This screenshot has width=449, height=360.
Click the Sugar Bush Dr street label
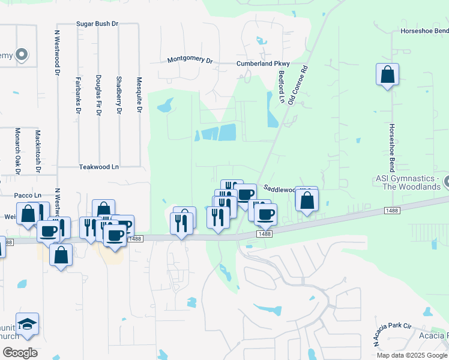[97, 24]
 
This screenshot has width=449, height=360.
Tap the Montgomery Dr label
[190, 61]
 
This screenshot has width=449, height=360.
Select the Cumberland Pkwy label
[263, 64]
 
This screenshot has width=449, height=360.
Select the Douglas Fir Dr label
[98, 95]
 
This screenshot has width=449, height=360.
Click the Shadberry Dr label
[119, 95]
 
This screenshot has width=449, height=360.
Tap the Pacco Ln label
[28, 195]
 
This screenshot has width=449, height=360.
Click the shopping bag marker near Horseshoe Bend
[388, 75]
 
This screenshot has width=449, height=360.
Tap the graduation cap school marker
[27, 325]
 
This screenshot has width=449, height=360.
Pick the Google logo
[20, 352]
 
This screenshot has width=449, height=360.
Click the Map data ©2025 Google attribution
[412, 355]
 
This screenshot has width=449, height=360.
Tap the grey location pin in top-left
[22, 55]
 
